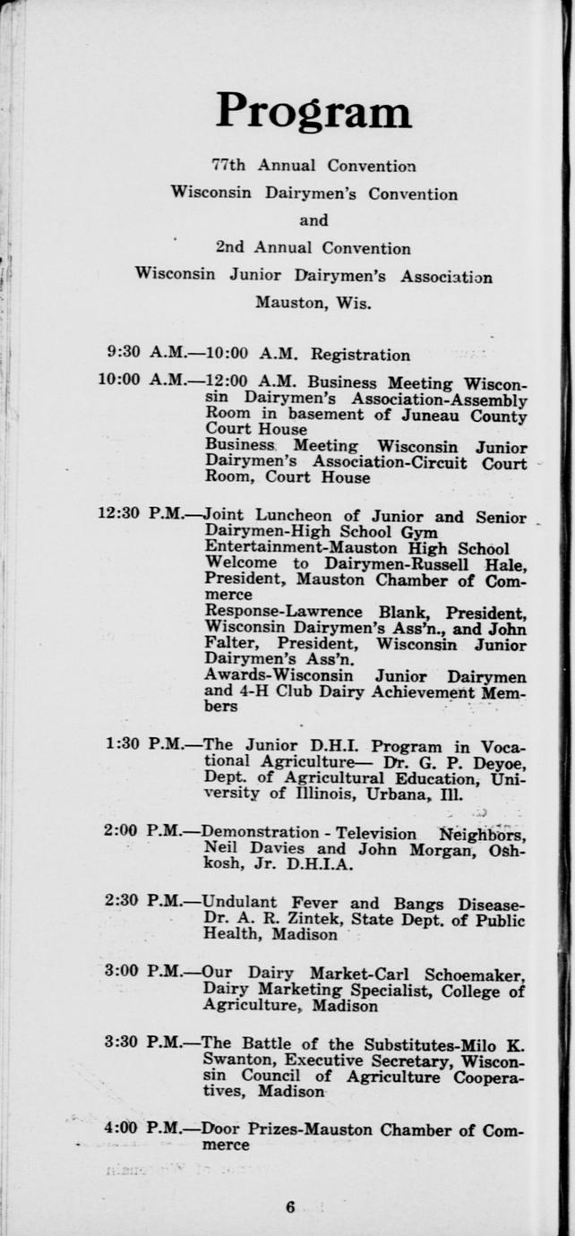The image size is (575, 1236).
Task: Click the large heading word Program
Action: [313, 112]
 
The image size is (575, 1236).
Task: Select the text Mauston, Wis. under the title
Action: [313, 303]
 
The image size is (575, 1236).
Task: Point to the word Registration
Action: [360, 355]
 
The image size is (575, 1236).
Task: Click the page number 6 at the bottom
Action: [290, 1206]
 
